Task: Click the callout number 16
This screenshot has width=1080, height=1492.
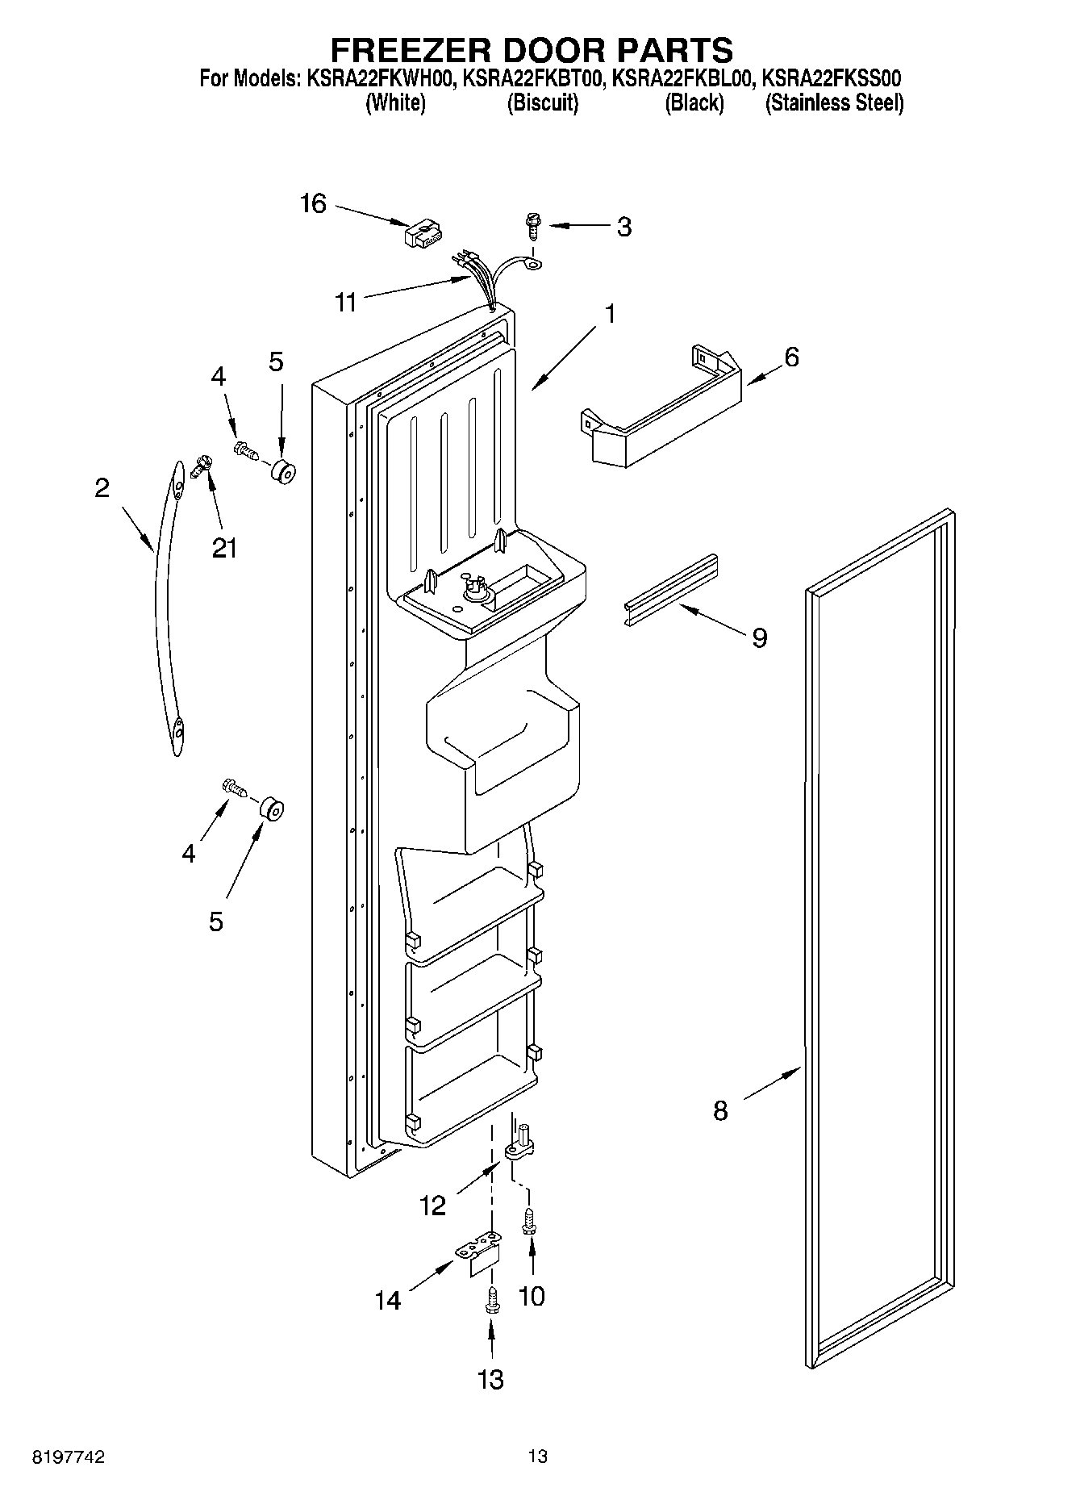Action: click(x=313, y=203)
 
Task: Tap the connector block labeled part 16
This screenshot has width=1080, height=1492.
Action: click(x=419, y=235)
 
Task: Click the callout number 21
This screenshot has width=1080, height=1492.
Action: click(x=224, y=548)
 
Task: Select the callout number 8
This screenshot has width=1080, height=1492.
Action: click(x=719, y=1111)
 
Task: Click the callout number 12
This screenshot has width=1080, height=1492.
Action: click(x=432, y=1206)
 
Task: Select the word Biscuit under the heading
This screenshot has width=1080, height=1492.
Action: click(x=542, y=103)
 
